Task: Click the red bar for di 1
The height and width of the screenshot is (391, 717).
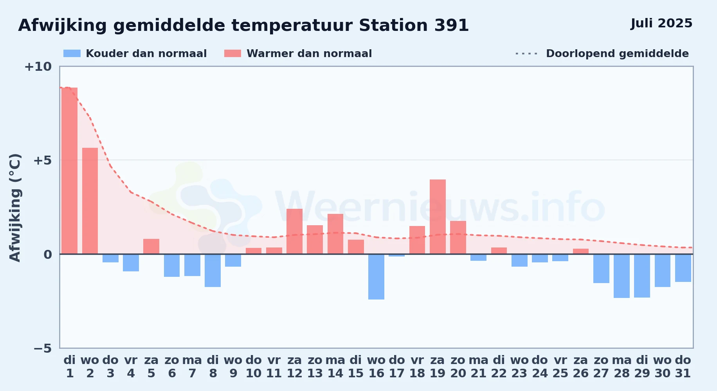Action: pyautogui.click(x=70, y=171)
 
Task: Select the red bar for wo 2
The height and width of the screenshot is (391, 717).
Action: pyautogui.click(x=90, y=201)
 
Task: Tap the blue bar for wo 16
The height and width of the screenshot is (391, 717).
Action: pyautogui.click(x=376, y=277)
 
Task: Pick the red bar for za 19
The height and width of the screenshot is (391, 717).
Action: pyautogui.click(x=438, y=217)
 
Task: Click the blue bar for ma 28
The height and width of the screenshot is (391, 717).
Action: pyautogui.click(x=622, y=276)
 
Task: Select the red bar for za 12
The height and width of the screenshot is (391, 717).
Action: pyautogui.click(x=294, y=231)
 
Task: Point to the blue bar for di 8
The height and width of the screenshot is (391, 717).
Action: pyautogui.click(x=213, y=271)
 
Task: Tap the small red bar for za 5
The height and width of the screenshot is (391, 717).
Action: pyautogui.click(x=151, y=246)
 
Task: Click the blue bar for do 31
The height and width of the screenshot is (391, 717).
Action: pyautogui.click(x=683, y=268)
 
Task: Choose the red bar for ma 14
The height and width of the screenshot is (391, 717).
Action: pyautogui.click(x=335, y=234)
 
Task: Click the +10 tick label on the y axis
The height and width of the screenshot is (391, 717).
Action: pyautogui.click(x=38, y=67)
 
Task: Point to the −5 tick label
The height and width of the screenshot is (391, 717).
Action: pyautogui.click(x=43, y=348)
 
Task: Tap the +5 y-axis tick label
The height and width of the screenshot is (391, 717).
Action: pyautogui.click(x=43, y=160)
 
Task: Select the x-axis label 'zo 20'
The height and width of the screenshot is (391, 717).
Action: pyautogui.click(x=458, y=367)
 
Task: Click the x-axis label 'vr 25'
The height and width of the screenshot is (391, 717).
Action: pyautogui.click(x=560, y=367)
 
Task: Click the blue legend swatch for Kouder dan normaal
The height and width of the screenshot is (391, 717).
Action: pyautogui.click(x=72, y=54)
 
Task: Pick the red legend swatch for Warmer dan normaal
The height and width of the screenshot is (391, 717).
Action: pyautogui.click(x=232, y=54)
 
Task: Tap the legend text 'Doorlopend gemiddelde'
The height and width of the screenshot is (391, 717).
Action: pyautogui.click(x=617, y=54)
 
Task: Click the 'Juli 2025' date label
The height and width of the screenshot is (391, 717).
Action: pyautogui.click(x=661, y=23)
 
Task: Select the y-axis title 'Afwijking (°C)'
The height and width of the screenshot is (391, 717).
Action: pyautogui.click(x=15, y=207)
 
